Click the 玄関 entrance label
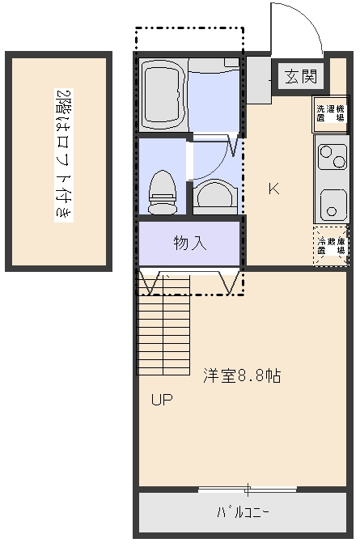(301, 77)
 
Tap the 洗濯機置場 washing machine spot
(330, 114)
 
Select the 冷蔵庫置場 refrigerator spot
(331, 246)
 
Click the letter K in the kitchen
(273, 189)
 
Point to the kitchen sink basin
(333, 205)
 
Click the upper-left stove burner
(327, 152)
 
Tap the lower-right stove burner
(339, 162)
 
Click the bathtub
(163, 95)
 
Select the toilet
(163, 193)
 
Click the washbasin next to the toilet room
(215, 197)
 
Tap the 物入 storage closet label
(190, 243)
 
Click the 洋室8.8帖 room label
(242, 375)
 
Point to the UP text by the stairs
(162, 400)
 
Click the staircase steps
(163, 324)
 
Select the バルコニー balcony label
(243, 512)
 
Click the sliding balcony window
(248, 489)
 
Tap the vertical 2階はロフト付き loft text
(64, 155)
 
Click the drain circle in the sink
(332, 211)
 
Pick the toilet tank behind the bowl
(163, 208)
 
